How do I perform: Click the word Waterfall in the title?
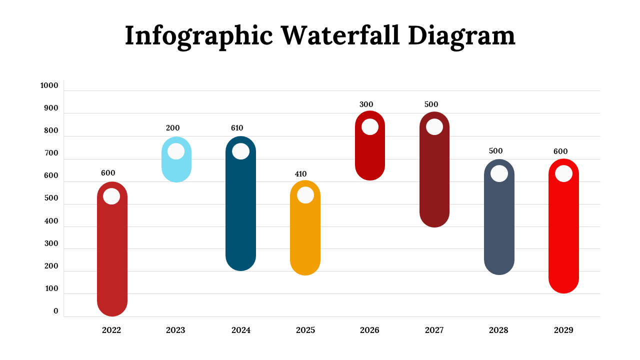(x=340, y=36)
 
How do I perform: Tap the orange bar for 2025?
(x=305, y=235)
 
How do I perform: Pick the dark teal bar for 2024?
(x=240, y=210)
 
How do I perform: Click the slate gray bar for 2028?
(x=499, y=225)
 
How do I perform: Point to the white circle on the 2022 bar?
(x=111, y=196)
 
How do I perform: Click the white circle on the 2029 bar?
(x=563, y=173)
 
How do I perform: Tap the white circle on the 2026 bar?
(x=370, y=126)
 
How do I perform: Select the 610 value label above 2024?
(x=237, y=128)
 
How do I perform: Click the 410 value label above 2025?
(x=300, y=174)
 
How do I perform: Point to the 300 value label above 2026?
(x=366, y=104)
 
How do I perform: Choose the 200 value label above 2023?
(x=172, y=128)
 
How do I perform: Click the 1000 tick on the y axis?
(x=49, y=85)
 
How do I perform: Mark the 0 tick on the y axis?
(x=56, y=311)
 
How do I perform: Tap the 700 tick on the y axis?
(x=51, y=153)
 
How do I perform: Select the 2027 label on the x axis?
(x=434, y=330)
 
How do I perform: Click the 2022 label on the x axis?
(x=111, y=330)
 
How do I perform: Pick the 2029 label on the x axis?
(x=563, y=330)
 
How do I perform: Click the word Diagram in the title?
(x=461, y=36)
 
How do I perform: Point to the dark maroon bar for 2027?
(x=434, y=180)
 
